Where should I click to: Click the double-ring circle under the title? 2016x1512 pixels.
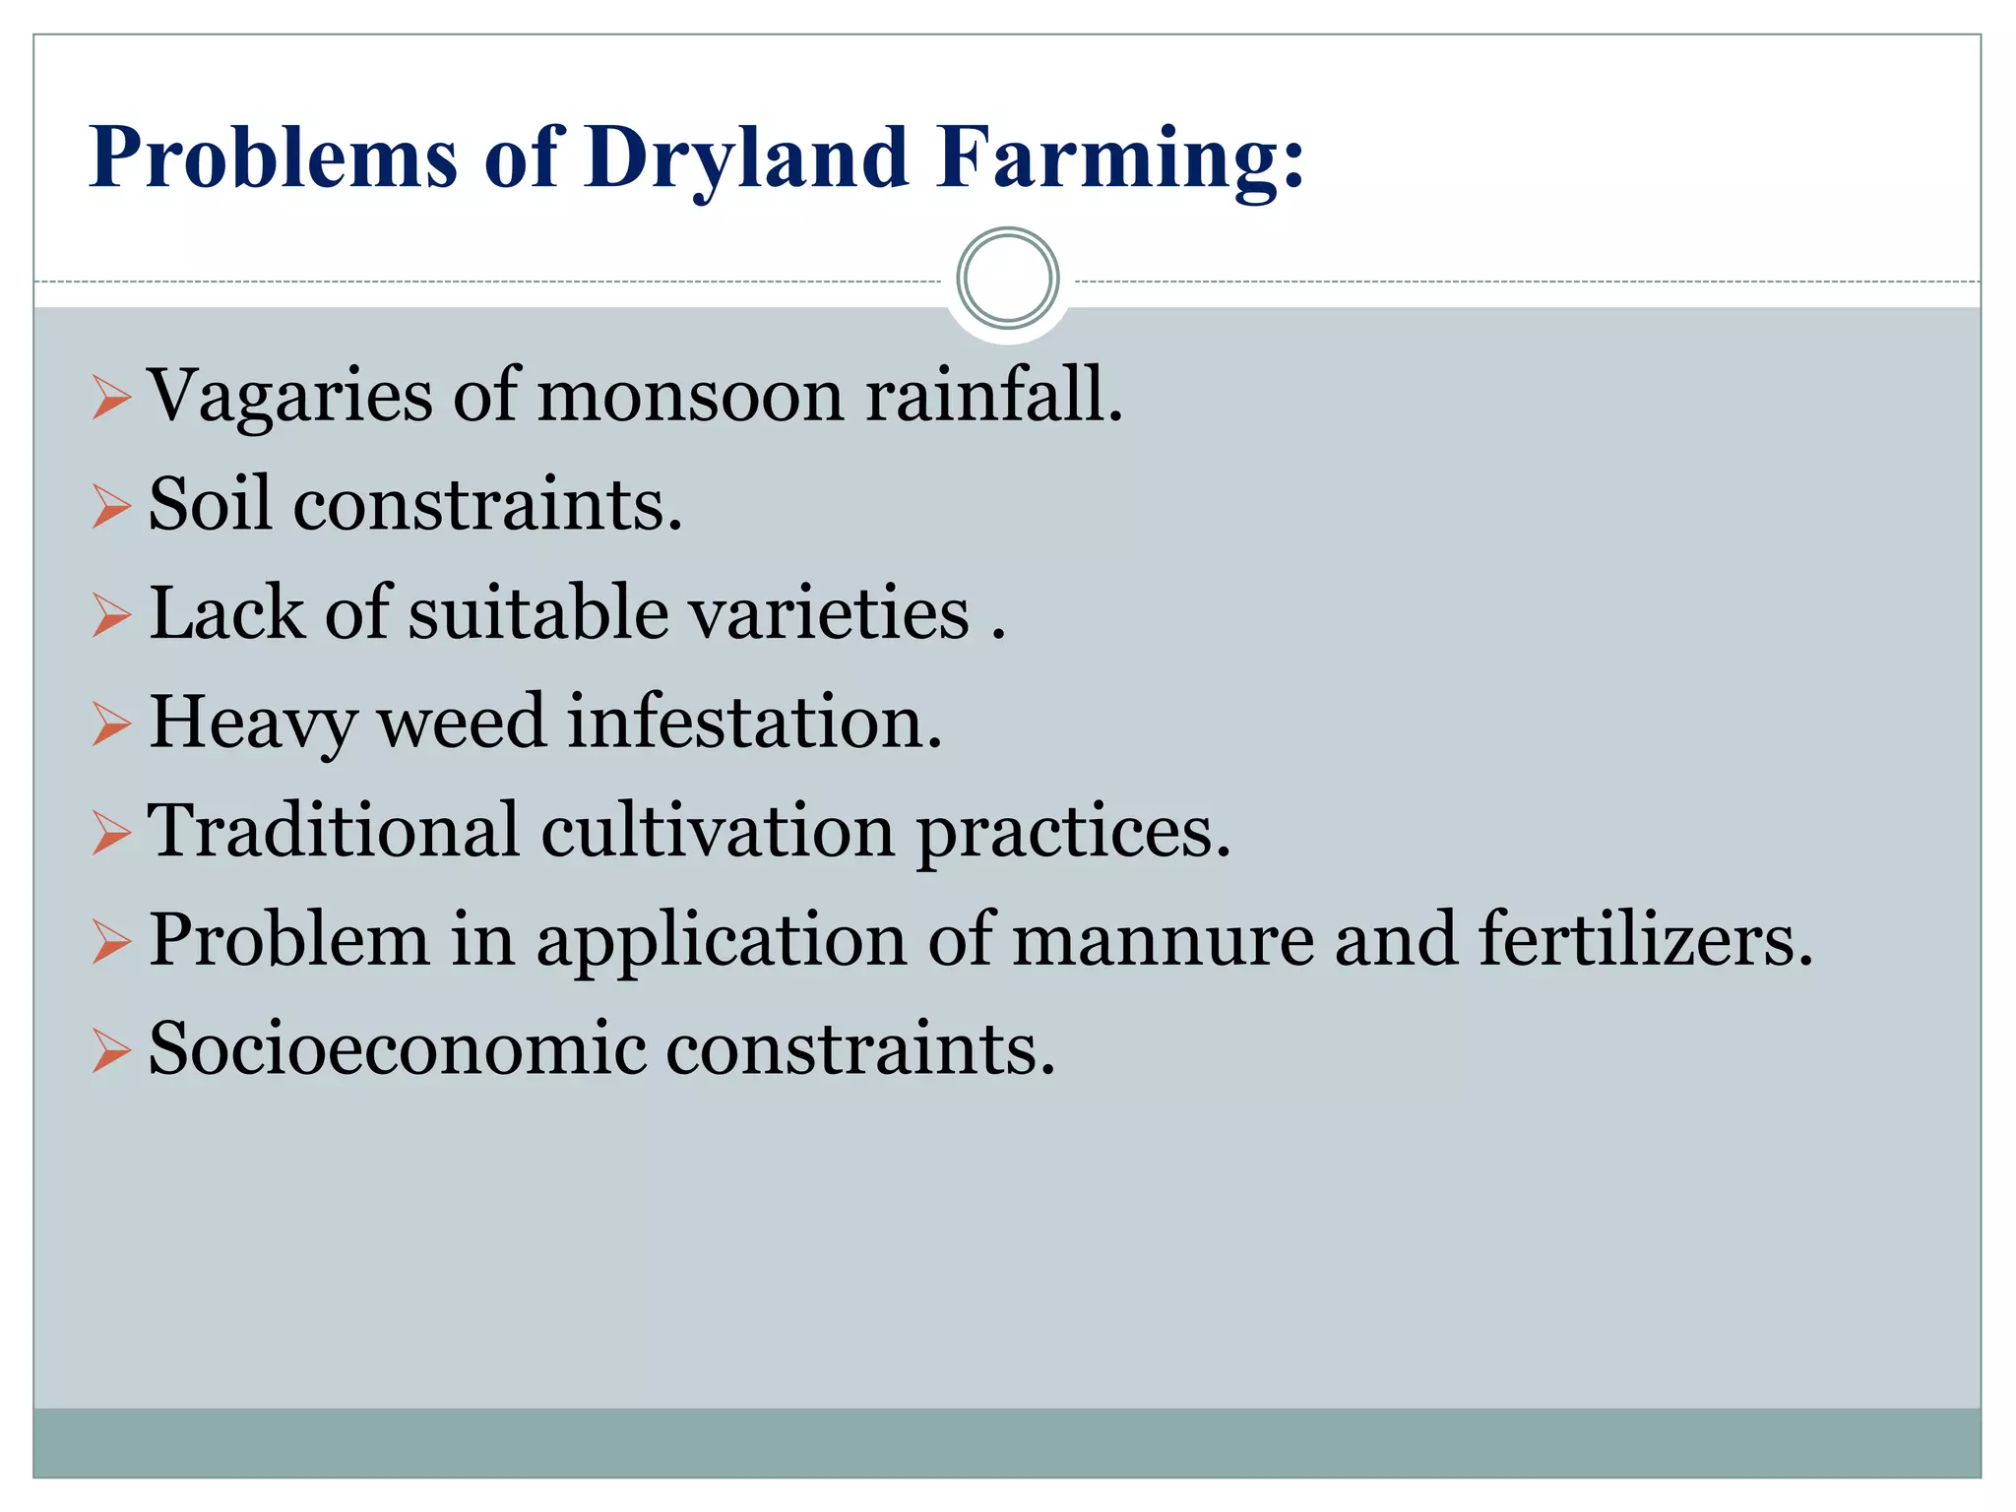pyautogui.click(x=1007, y=279)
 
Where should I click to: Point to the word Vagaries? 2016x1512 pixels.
pyautogui.click(x=289, y=396)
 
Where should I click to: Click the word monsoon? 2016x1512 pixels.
pyautogui.click(x=690, y=396)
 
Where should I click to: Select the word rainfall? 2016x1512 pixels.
pyautogui.click(x=993, y=396)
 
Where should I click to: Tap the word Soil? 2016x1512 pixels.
pyautogui.click(x=209, y=504)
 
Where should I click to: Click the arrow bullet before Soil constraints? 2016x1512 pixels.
pyautogui.click(x=111, y=508)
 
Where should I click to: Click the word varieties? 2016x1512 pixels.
pyautogui.click(x=829, y=612)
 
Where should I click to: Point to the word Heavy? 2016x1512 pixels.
pyautogui.click(x=253, y=723)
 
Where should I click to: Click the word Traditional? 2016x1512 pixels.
pyautogui.click(x=334, y=831)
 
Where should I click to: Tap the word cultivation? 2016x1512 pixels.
pyautogui.click(x=718, y=831)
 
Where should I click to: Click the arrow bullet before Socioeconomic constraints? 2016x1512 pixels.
pyautogui.click(x=111, y=1052)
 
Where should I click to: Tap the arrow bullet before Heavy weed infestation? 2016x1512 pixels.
pyautogui.click(x=111, y=726)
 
